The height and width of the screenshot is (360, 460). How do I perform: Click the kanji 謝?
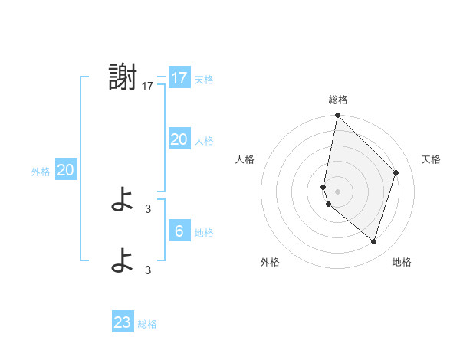click(x=123, y=78)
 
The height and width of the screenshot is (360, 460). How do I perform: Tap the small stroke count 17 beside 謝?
click(x=148, y=87)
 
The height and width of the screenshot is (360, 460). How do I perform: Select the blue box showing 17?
click(x=179, y=78)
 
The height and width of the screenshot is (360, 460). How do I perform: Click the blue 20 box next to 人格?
click(x=179, y=139)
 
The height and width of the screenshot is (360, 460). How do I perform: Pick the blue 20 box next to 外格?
click(x=65, y=170)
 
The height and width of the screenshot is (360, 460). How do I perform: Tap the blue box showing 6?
click(x=179, y=231)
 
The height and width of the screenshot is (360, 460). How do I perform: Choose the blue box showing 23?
click(x=123, y=322)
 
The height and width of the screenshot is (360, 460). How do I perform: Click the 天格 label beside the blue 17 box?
click(x=204, y=80)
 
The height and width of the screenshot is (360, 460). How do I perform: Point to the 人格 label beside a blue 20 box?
click(x=204, y=141)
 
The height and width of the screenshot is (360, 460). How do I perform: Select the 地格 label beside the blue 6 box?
click(x=204, y=233)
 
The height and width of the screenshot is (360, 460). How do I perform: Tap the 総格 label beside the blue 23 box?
click(x=147, y=324)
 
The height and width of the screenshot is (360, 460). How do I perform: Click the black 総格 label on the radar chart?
click(x=338, y=100)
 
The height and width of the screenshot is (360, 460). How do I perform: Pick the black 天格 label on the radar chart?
click(x=431, y=159)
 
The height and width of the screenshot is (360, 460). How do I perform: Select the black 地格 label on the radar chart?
click(x=402, y=263)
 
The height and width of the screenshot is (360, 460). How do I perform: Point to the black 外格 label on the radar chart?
click(x=270, y=263)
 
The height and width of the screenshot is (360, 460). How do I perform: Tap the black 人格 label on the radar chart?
click(x=245, y=159)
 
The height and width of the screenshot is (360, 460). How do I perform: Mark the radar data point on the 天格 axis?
click(x=396, y=172)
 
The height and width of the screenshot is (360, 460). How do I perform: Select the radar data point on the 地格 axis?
click(x=374, y=241)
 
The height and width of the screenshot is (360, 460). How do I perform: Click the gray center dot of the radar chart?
click(x=338, y=191)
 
